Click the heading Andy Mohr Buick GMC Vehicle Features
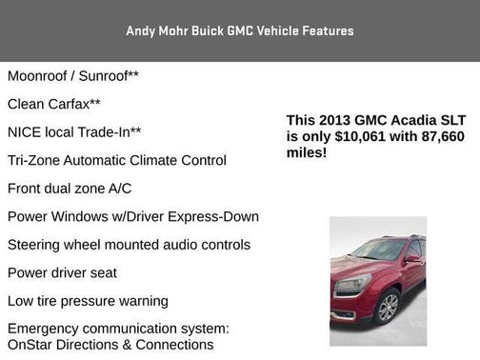coord(239,31)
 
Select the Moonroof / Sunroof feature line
coord(72,75)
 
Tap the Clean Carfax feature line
coord(54,104)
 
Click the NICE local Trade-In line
coord(74,132)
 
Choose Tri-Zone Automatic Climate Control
coord(116,160)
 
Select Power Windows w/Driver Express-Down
coord(132,216)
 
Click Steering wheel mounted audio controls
coord(129,245)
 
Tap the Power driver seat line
coord(62,273)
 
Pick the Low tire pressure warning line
coord(88,301)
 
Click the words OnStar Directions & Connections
coord(110,344)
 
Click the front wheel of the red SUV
coord(388,307)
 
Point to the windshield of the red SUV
coord(379,250)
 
